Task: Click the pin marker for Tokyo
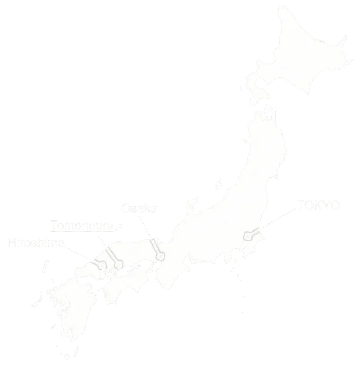point(248,237)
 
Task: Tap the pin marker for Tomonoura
point(118,265)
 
